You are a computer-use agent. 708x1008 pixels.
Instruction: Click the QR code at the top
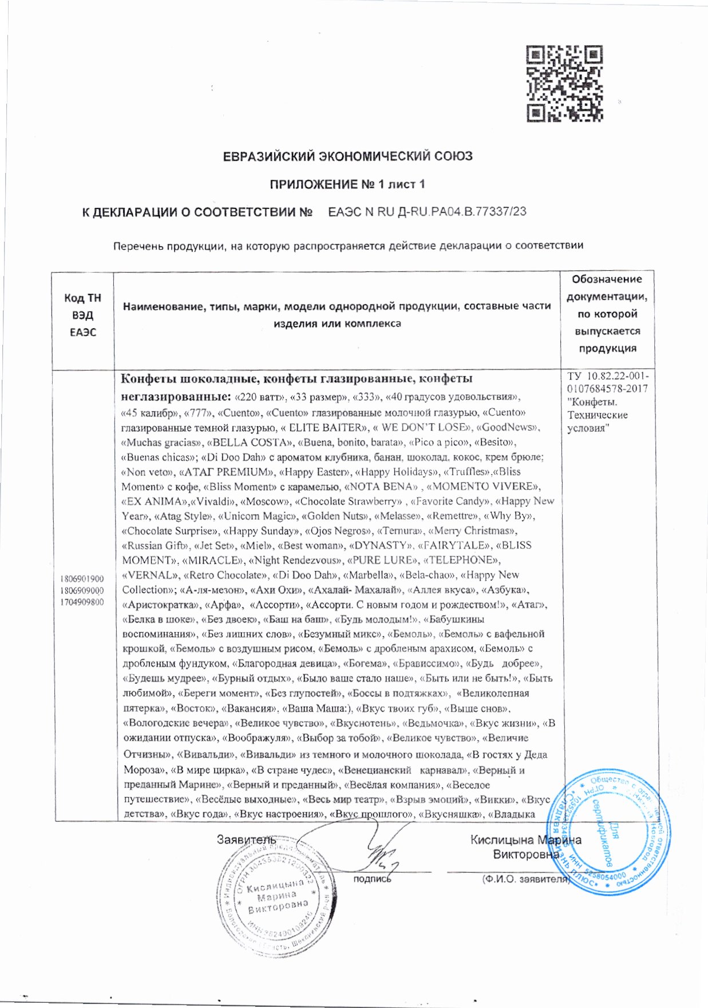[x=564, y=84]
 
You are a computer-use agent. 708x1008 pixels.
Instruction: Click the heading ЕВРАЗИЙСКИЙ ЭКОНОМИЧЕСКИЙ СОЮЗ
[x=347, y=156]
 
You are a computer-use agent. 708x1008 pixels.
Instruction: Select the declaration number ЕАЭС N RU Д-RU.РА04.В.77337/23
[x=427, y=212]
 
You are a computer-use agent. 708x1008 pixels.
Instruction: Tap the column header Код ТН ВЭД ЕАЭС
[x=82, y=315]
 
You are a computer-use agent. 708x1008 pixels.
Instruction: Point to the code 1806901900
[x=82, y=578]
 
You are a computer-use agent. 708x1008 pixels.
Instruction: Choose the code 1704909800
[x=82, y=602]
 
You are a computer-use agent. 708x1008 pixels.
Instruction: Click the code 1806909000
[x=82, y=590]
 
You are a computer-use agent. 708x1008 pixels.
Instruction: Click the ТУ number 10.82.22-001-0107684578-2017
[x=607, y=383]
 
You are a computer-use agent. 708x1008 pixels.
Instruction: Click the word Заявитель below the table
[x=246, y=840]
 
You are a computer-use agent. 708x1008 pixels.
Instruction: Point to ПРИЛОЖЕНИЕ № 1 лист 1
[x=347, y=184]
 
